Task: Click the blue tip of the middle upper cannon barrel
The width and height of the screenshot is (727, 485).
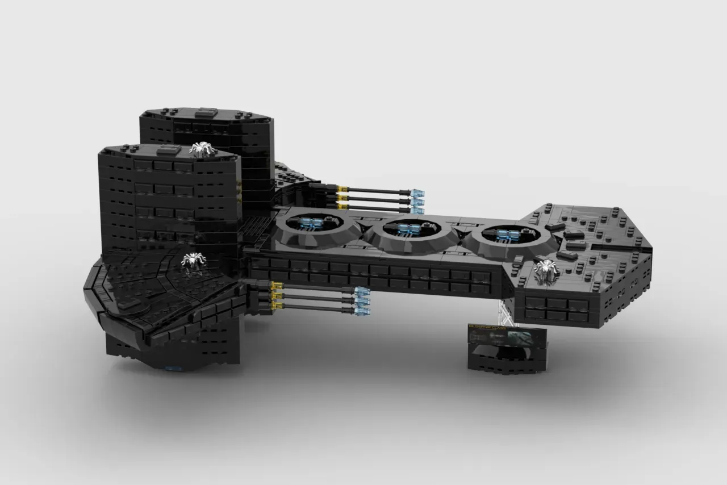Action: click(x=417, y=202)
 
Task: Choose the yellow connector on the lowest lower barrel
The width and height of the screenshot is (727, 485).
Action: click(x=278, y=306)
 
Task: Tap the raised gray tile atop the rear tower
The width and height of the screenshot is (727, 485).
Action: click(x=206, y=112)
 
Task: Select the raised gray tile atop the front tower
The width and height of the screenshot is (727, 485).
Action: click(x=168, y=149)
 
